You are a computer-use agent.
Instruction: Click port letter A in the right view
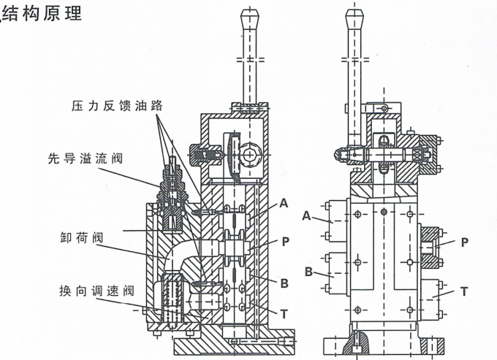pyautogui.click(x=308, y=215)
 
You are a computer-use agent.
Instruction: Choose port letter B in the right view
pyautogui.click(x=308, y=272)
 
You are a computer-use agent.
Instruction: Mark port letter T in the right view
pyautogui.click(x=463, y=291)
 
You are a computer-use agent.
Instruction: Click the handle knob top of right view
pyautogui.click(x=354, y=15)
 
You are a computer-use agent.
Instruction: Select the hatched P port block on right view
pyautogui.click(x=432, y=247)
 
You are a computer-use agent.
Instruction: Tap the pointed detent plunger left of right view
pyautogui.click(x=341, y=154)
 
